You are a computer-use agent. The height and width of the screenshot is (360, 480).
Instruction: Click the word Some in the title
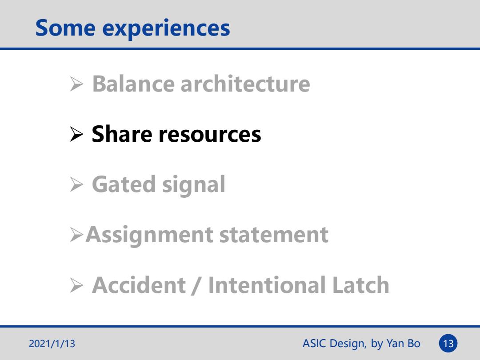pos(65,28)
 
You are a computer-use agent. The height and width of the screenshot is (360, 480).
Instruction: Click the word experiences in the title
pos(166,29)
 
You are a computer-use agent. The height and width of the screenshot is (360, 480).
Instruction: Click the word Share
pos(122,134)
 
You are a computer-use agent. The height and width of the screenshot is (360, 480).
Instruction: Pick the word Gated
pos(124,184)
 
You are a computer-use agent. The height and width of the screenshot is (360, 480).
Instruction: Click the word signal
pos(194,185)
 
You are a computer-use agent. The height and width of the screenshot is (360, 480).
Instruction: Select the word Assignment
pos(149,236)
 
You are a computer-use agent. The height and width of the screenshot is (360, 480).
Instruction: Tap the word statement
pos(274,235)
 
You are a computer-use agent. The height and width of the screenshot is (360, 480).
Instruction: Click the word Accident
pos(139,285)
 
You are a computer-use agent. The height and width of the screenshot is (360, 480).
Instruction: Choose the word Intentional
pos(267,285)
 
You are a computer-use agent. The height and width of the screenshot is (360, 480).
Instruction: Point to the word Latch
pos(360,285)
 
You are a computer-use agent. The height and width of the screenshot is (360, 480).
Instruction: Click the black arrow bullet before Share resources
pos(76,134)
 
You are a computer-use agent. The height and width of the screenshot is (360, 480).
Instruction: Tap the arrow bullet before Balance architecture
pos(76,84)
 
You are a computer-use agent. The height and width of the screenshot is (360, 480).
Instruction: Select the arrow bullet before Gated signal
pos(76,184)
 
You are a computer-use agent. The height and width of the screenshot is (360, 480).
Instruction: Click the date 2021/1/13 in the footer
pos(52,344)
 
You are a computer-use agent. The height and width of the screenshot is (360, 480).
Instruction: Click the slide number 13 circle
pos(448,344)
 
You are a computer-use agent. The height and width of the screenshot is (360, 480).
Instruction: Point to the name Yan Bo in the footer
pos(403,344)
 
